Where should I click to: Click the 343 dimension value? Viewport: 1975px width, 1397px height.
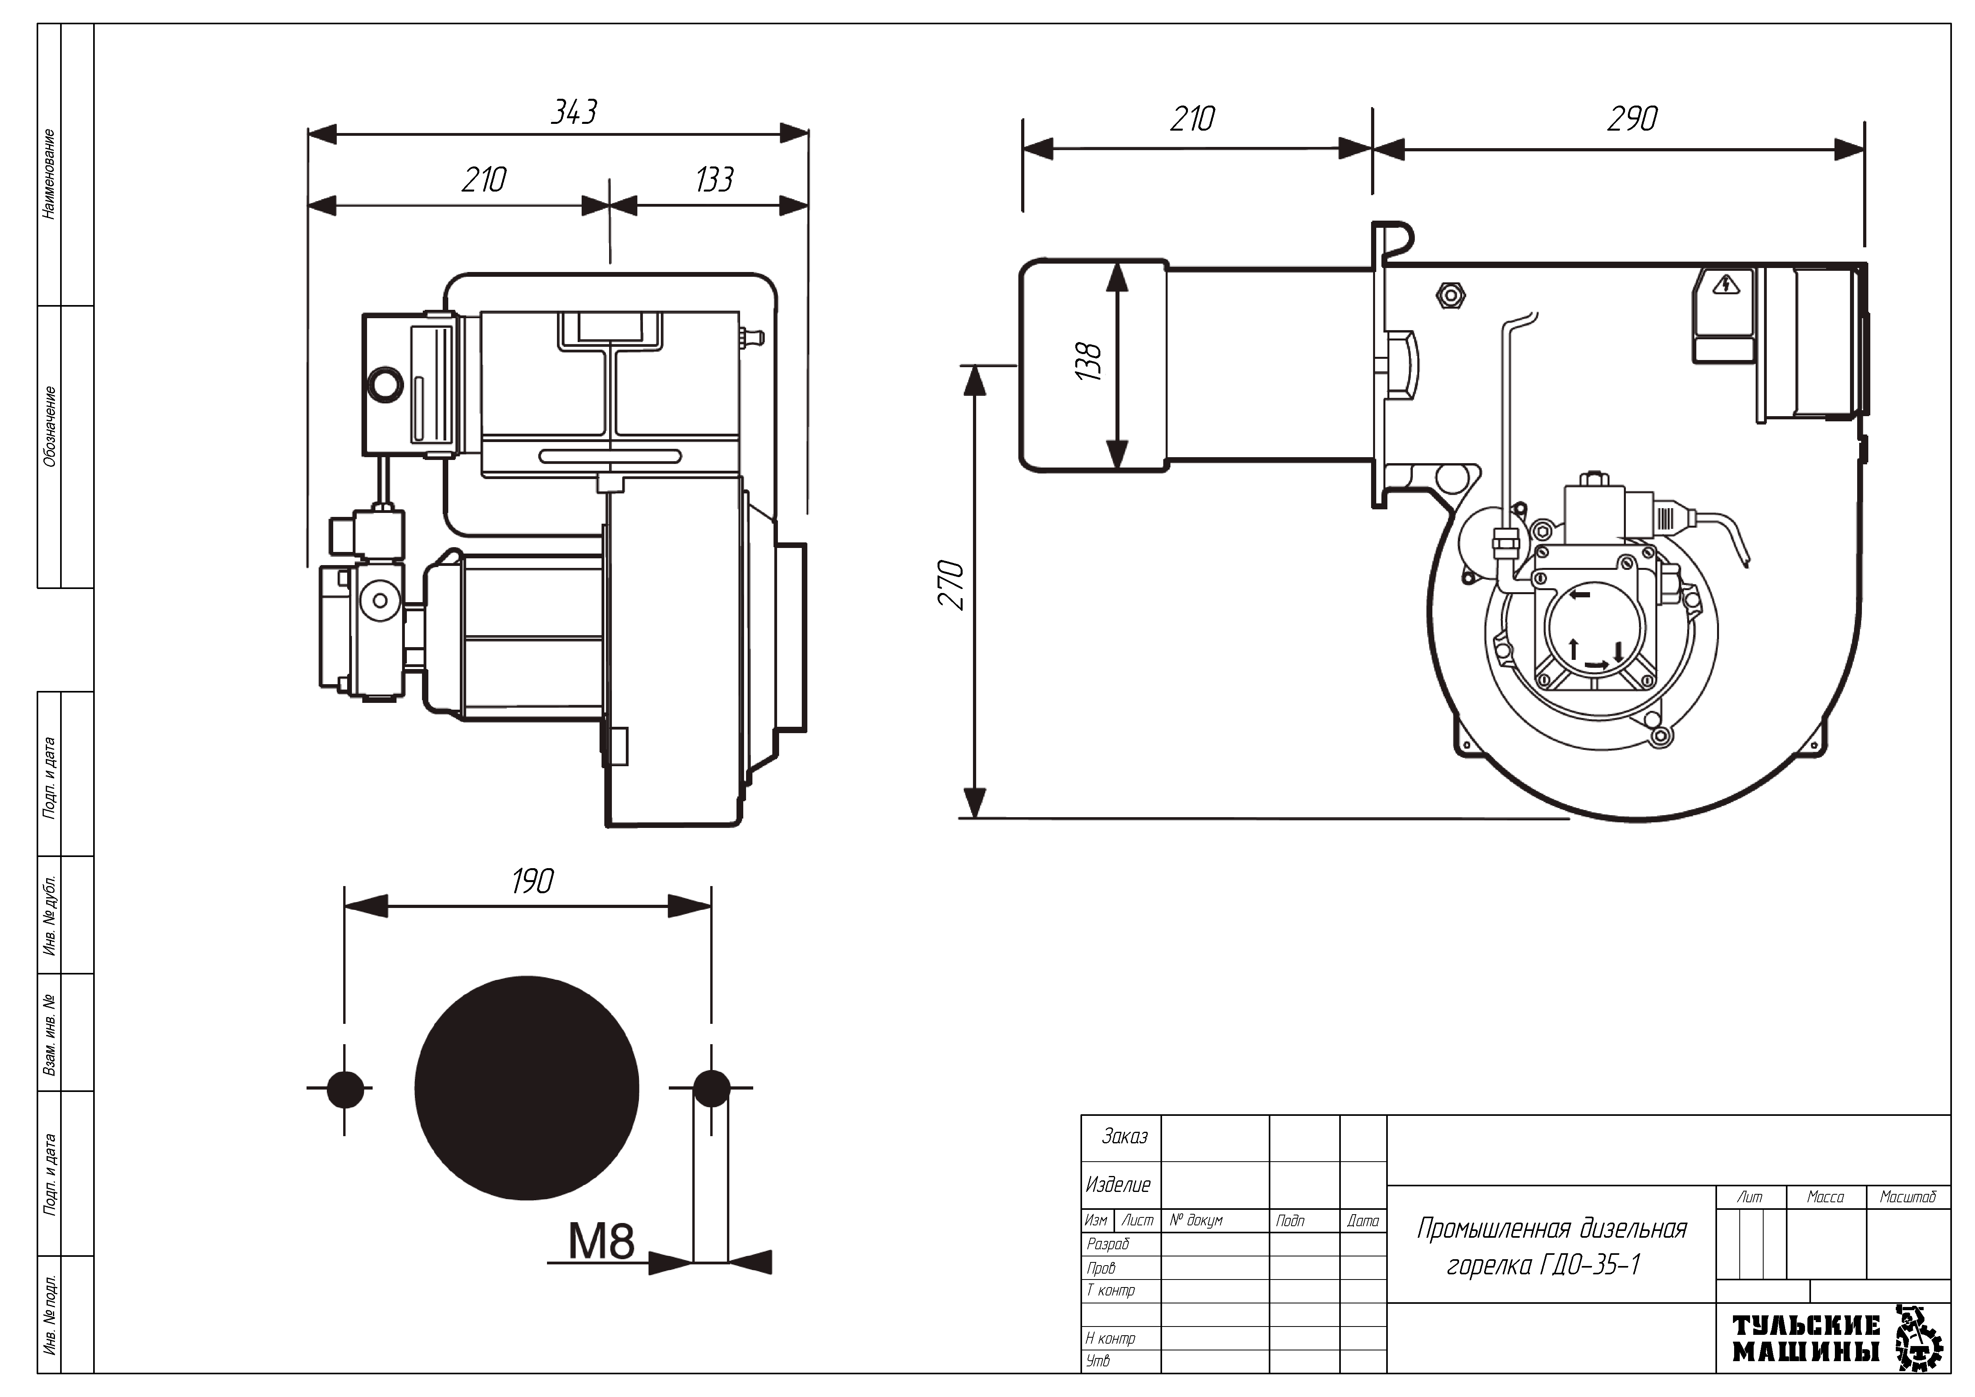[574, 112]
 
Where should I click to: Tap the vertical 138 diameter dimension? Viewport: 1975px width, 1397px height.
[1088, 361]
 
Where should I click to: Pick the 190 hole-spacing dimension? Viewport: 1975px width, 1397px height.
[532, 881]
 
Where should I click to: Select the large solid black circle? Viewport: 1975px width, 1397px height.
[526, 1087]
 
